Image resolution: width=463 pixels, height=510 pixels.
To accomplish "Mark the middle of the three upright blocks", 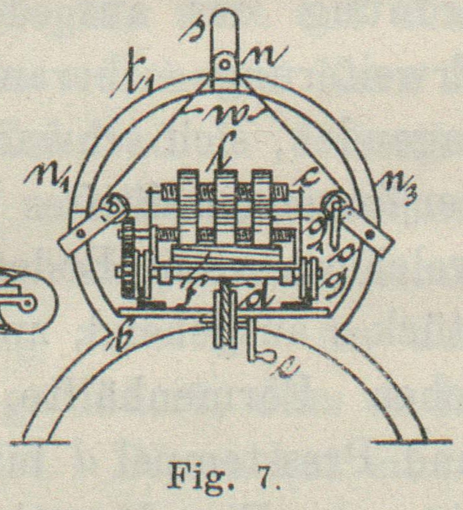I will (225, 207).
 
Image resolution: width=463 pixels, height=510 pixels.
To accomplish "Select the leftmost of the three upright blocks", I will (188, 207).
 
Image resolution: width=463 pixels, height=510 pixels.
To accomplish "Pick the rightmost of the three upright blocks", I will (262, 207).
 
